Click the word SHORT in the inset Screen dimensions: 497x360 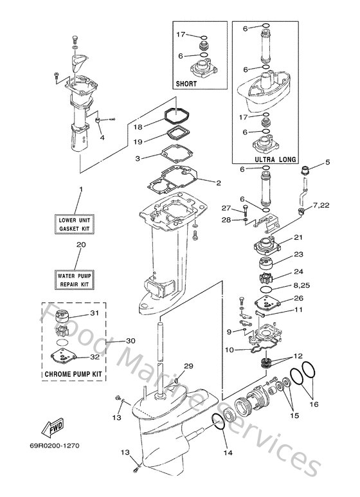pos(186,84)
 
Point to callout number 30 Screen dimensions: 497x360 pos(131,341)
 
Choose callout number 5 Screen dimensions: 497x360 pos(328,163)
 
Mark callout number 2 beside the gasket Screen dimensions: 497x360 pos(219,183)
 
